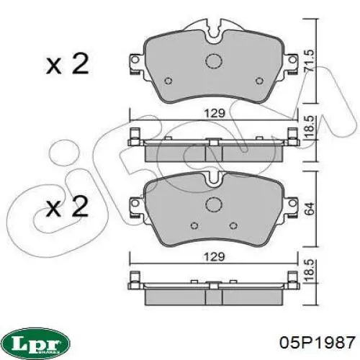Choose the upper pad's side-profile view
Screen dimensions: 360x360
(213, 148)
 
